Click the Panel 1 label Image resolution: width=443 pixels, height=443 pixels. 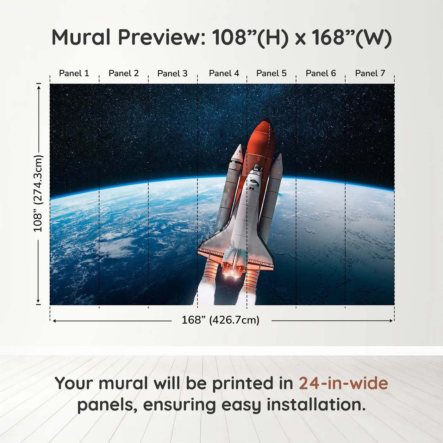click(x=74, y=73)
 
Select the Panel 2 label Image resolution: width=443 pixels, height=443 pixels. click(x=123, y=73)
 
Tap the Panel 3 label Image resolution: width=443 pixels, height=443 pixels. click(x=172, y=73)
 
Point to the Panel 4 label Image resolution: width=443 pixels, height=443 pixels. click(x=224, y=73)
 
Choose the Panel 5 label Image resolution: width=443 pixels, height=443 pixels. click(x=271, y=73)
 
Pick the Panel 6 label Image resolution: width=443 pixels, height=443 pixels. click(x=321, y=73)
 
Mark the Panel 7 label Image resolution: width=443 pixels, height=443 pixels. click(x=370, y=73)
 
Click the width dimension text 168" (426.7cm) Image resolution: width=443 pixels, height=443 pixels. click(x=220, y=320)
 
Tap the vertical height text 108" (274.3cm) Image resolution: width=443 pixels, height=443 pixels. click(x=38, y=193)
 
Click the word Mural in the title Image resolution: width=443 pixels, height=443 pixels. click(x=81, y=37)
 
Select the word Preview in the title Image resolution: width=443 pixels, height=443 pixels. click(x=161, y=37)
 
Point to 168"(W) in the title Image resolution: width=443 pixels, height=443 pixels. click(x=352, y=37)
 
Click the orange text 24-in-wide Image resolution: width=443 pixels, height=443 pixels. click(x=343, y=383)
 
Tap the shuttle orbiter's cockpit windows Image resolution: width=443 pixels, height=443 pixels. click(x=255, y=173)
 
